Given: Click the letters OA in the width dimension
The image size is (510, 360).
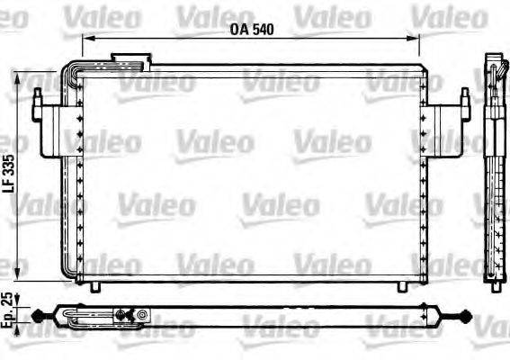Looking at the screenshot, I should pos(238,29).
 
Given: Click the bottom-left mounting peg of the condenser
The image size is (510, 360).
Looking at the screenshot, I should pos(95,286).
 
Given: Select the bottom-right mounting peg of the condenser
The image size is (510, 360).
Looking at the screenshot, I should pos(400,286).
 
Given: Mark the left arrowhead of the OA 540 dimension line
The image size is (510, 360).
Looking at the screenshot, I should pos(85,38).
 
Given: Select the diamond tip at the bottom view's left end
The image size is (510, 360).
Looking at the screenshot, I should pos(39,315).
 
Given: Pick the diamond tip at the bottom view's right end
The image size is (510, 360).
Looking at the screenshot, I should pos(463,315).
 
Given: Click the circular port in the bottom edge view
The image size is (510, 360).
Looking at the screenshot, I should pos(142,315).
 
